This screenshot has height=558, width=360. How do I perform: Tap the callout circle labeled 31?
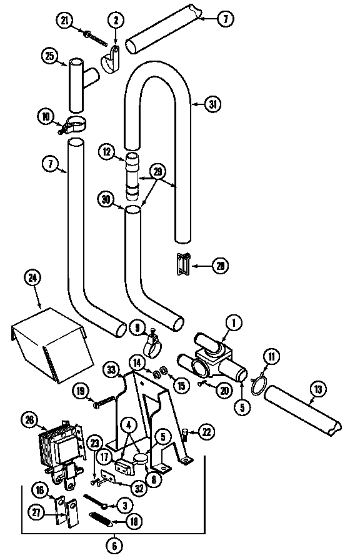pos(213,104)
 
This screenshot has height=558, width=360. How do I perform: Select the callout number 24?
pos(32,277)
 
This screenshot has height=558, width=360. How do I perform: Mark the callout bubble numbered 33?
pos(112,370)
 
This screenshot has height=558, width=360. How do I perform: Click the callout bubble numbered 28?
pos(219,266)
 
